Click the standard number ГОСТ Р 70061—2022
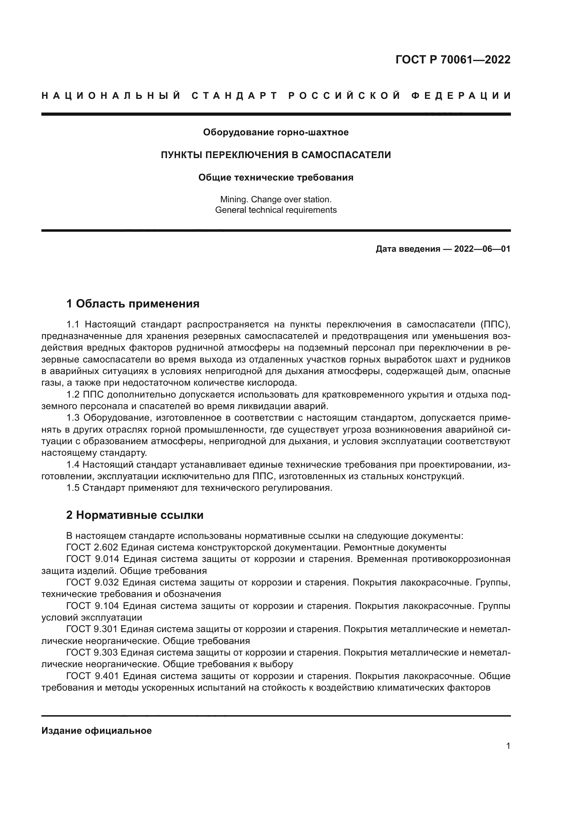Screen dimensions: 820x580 (x=452, y=60)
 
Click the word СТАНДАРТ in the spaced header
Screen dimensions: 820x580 (x=235, y=96)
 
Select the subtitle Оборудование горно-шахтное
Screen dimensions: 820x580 (x=276, y=133)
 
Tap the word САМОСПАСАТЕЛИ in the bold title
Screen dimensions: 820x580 (x=346, y=155)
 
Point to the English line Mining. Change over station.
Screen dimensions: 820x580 (x=276, y=199)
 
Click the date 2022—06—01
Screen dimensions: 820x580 (x=482, y=249)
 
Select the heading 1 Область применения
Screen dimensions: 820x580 (x=133, y=304)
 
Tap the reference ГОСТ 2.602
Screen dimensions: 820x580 (x=92, y=548)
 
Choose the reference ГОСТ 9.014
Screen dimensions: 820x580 (x=92, y=559)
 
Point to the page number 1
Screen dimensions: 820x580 (x=508, y=746)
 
